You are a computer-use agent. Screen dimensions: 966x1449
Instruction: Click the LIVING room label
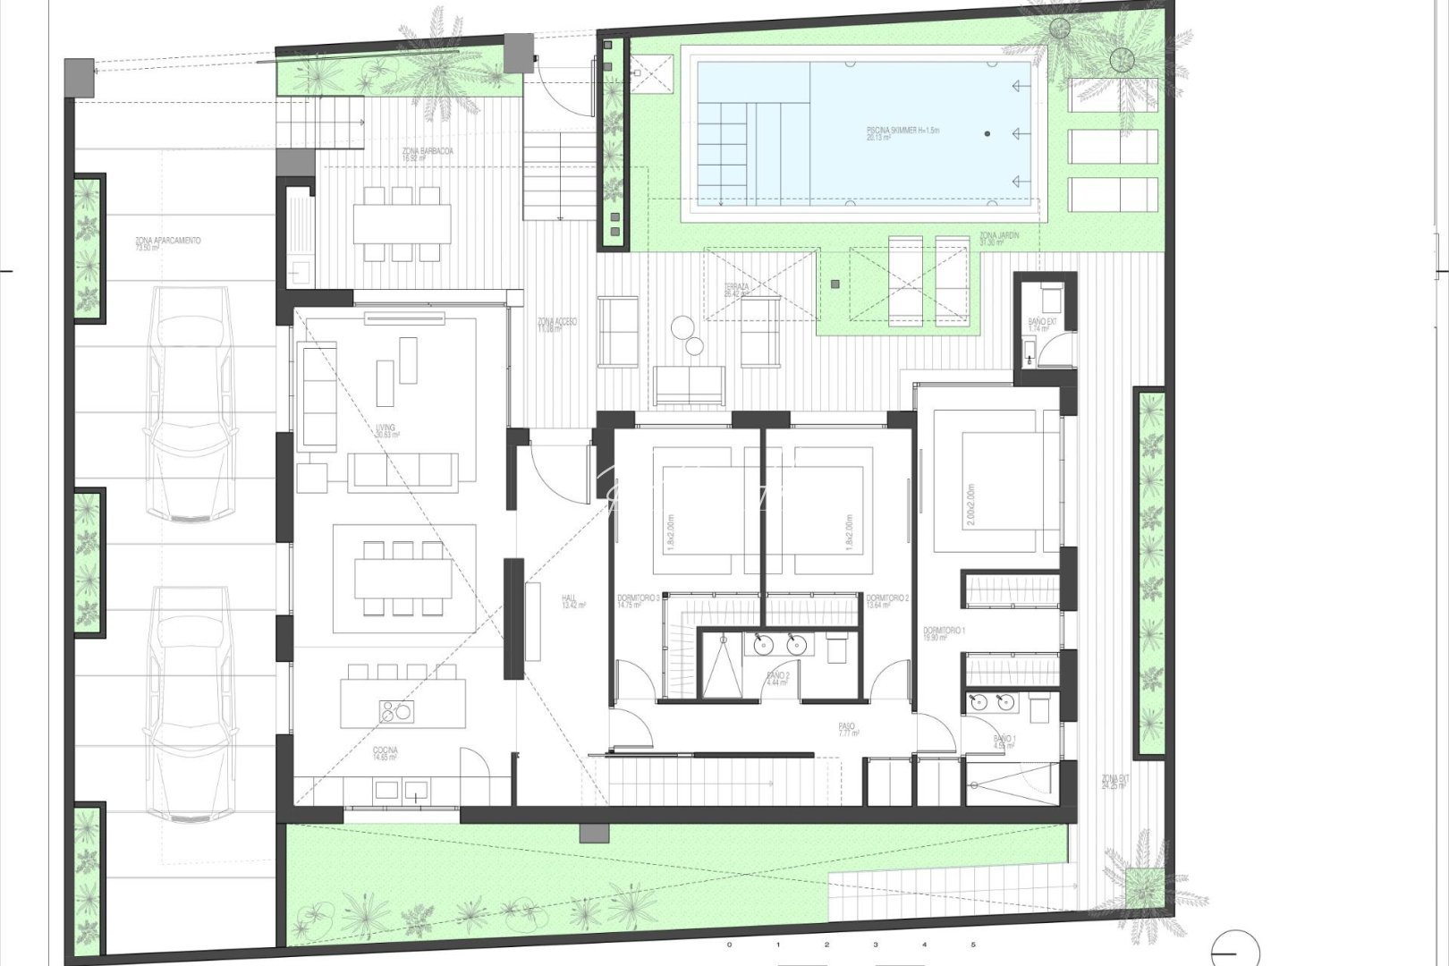point(386,430)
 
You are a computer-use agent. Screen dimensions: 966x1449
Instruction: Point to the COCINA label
point(386,752)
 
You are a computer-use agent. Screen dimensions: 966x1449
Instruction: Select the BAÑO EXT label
point(1038,325)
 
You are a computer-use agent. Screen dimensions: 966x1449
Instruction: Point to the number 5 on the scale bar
point(973,945)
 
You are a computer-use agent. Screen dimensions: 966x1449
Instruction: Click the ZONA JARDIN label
point(998,237)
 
